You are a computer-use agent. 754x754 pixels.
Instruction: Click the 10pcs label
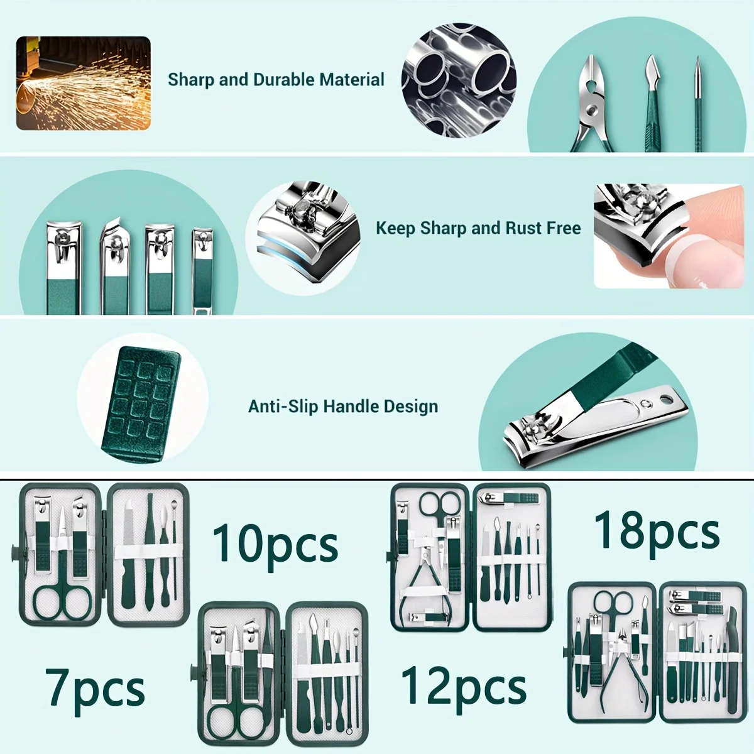275,544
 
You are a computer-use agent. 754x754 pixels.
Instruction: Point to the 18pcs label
657,531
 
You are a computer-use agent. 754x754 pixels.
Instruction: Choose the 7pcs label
95,689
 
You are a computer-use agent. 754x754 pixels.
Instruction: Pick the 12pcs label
464,686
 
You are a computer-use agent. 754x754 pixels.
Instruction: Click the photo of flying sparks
83,83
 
